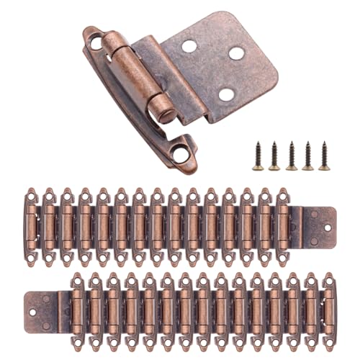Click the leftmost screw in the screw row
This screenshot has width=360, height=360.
(x=257, y=156)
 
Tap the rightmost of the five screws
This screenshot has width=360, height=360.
(x=325, y=156)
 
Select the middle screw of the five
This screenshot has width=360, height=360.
(x=292, y=156)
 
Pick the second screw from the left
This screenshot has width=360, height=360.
(x=274, y=156)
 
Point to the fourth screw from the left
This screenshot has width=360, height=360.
(x=308, y=156)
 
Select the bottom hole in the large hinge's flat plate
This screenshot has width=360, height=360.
(x=225, y=93)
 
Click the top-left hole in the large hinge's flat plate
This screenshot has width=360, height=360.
(x=189, y=46)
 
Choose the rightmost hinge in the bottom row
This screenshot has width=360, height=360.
(x=328, y=305)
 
